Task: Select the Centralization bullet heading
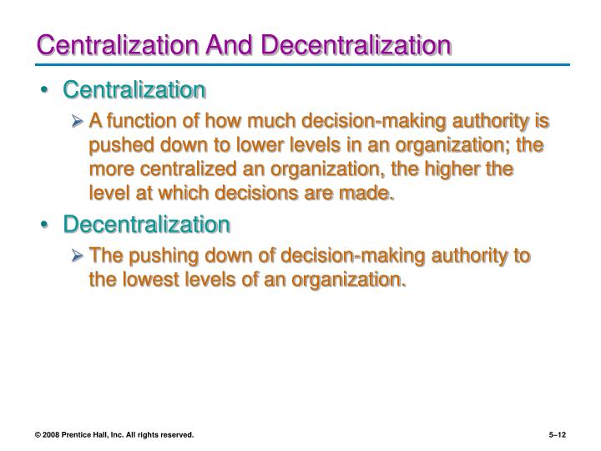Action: (x=134, y=89)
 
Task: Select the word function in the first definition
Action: (x=144, y=122)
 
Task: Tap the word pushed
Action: (x=119, y=146)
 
